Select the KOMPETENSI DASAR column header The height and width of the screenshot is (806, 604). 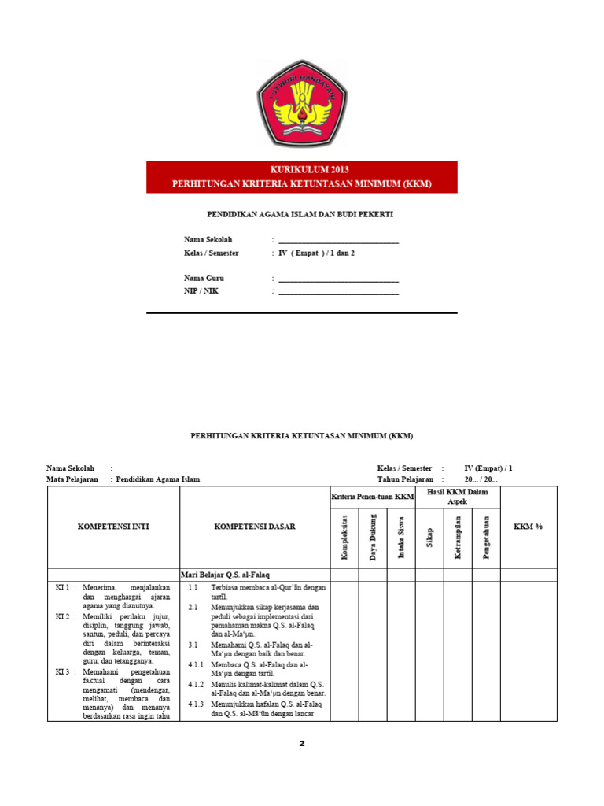pyautogui.click(x=255, y=527)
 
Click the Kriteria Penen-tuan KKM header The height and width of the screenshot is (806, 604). pyautogui.click(x=372, y=497)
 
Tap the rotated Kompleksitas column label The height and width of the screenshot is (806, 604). pyautogui.click(x=344, y=538)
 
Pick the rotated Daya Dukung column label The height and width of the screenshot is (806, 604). pyautogui.click(x=373, y=538)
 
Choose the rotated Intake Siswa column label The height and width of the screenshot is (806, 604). pyautogui.click(x=401, y=538)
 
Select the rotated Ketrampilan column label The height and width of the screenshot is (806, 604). pyautogui.click(x=458, y=538)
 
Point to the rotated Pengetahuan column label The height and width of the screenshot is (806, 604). pyautogui.click(x=487, y=538)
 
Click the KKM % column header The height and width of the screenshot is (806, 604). pyautogui.click(x=528, y=527)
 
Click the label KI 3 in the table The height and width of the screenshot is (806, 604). pyautogui.click(x=64, y=671)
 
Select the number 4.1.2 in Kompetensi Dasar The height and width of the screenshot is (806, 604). pyautogui.click(x=196, y=684)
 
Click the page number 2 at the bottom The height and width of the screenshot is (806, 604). pyautogui.click(x=301, y=743)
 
